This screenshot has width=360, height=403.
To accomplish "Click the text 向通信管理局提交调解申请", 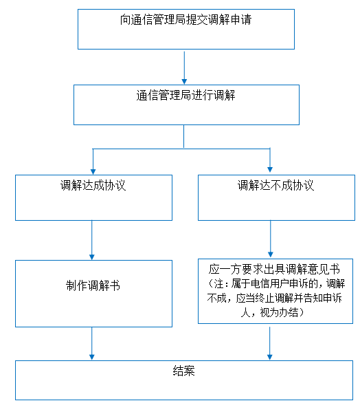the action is pos(185,20).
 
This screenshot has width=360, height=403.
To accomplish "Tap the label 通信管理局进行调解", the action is pos(185,96).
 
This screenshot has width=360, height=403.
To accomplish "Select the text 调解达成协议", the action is pos(93,185).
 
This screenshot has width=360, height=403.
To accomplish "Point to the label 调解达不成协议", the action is pos(275,185).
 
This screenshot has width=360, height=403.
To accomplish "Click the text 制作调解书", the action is pos(93,285).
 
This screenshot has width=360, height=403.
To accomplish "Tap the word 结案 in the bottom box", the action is pos(184,371).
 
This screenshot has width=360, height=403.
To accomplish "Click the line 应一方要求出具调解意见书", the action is pos(274,269).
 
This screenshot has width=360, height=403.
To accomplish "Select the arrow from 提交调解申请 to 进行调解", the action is pos(184,67).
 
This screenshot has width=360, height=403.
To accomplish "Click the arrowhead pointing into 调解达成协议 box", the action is pos(93,172).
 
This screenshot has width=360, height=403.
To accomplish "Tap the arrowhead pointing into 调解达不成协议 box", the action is pos(270,170).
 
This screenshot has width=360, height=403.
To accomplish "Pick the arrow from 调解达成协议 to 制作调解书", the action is pos(91,240).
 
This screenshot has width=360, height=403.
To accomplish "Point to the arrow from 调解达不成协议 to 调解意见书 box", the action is pos(271,239).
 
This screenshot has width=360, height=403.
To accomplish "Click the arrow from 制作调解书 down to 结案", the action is pos(91,343).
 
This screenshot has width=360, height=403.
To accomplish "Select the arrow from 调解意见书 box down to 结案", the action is pos(269,343).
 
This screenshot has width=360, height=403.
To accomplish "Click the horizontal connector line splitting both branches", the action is pos(181,149).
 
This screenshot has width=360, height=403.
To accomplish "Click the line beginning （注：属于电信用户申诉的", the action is pos(275,283).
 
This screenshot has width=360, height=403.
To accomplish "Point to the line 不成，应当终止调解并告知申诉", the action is pos(275,298).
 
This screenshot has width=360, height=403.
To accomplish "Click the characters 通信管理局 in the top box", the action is pos(159,20).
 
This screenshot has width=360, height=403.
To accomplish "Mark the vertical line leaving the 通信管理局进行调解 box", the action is pos(183,136).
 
